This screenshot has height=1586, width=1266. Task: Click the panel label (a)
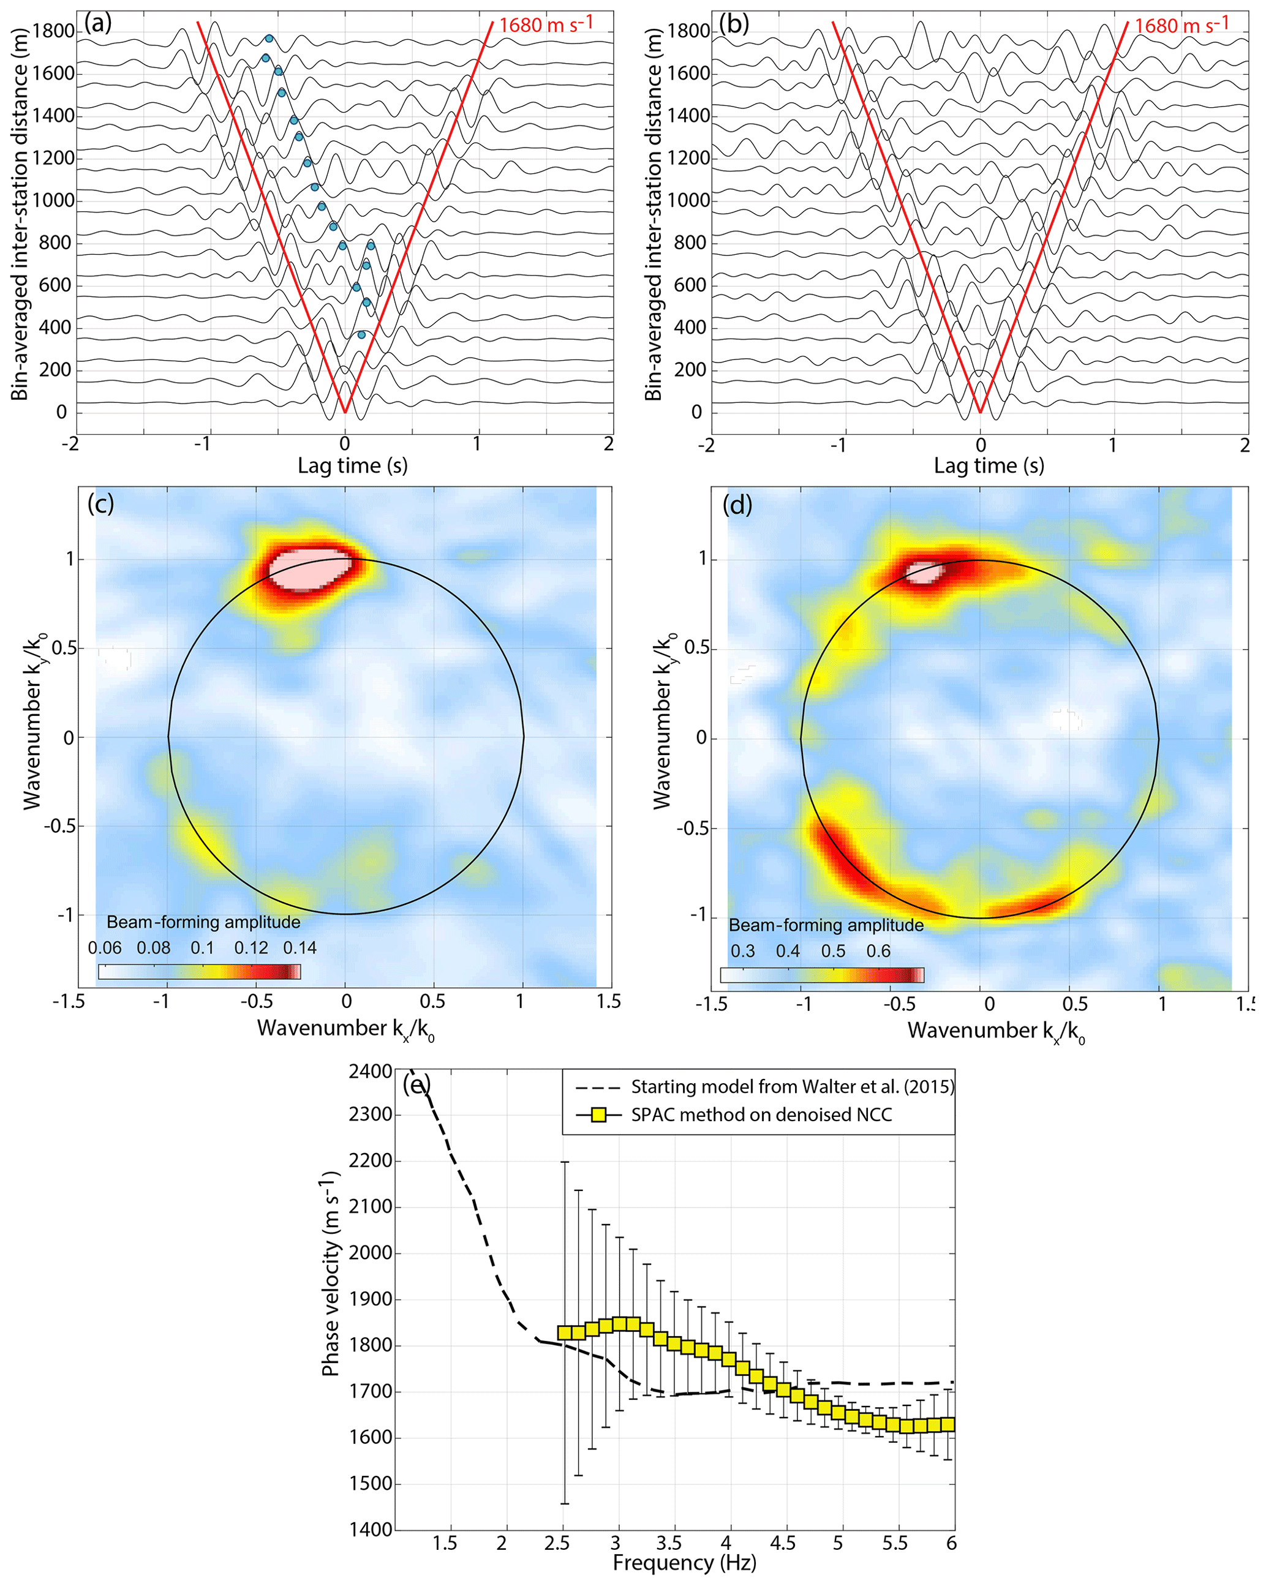pos(98,23)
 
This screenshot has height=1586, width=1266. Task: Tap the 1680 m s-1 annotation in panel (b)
pos(1181,25)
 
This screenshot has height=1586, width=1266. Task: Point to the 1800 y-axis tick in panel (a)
pos(54,31)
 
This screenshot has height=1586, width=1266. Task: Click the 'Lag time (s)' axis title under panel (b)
pos(988,465)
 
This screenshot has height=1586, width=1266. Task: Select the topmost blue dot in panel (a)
pos(269,38)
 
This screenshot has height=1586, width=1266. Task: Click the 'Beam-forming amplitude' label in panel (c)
pos(203,922)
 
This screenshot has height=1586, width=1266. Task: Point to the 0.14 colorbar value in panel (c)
pos(300,947)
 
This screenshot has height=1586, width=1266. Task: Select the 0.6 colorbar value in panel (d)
pos(878,951)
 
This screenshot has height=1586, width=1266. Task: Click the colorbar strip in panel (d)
pos(822,975)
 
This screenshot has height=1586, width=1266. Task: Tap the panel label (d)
pos(737,505)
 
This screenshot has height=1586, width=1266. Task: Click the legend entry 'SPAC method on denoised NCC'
pos(761,1114)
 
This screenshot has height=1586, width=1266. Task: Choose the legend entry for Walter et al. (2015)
pos(791,1086)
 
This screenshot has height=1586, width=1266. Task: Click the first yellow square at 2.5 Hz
pos(565,1332)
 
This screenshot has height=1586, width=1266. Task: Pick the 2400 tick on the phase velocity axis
pos(370,1071)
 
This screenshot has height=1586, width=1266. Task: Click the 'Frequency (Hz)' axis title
pos(684,1562)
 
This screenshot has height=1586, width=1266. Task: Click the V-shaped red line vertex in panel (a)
pos(344,412)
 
